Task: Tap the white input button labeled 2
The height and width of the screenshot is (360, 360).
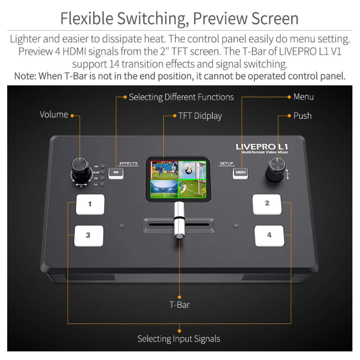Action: coord(267,204)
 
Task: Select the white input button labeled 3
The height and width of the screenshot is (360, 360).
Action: coord(89,235)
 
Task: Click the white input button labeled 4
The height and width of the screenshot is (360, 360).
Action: coord(269,235)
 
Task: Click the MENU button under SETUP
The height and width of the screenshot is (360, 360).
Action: coord(240,172)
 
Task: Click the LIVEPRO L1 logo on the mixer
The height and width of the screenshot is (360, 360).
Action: coord(262,147)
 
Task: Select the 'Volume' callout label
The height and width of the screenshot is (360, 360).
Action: coord(54,115)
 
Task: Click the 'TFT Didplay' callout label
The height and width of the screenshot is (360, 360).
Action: coord(200,116)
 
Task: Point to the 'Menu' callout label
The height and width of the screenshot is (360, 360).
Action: coord(303,97)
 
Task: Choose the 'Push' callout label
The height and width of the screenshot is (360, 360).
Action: coord(302,116)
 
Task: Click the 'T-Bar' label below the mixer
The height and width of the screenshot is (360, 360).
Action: coord(180,305)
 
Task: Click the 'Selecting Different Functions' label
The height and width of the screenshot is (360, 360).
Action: coord(181,97)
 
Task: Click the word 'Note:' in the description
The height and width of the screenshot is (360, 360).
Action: coord(25,76)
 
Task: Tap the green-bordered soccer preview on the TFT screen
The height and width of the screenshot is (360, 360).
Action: coord(193,189)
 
